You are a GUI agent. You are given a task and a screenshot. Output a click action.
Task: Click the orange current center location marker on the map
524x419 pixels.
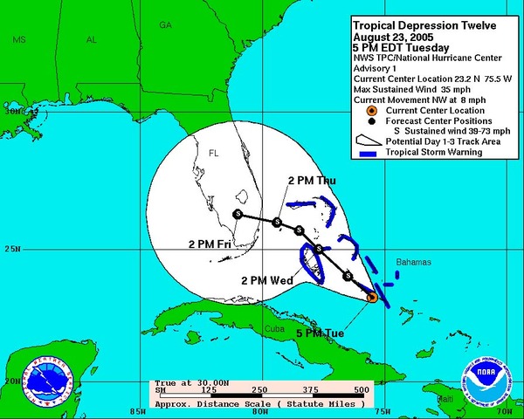[x=371, y=297]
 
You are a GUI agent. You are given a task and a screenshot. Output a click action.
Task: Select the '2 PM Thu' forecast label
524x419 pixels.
[x=312, y=181]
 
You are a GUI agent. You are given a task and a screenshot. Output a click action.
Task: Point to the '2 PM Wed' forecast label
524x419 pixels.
[x=268, y=280]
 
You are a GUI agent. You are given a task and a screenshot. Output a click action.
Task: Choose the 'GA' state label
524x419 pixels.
[x=165, y=25]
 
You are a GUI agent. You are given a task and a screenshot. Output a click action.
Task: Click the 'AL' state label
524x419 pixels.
[x=92, y=40]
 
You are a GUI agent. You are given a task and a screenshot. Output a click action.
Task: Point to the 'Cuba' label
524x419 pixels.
[x=275, y=329]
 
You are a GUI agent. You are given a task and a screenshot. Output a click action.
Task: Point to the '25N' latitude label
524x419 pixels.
[x=12, y=249]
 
